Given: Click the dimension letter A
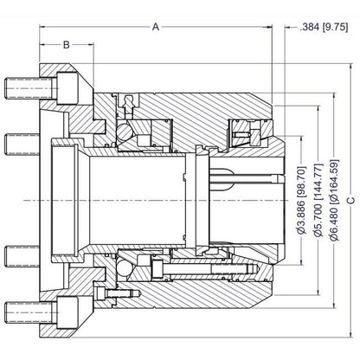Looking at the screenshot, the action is point(156,27).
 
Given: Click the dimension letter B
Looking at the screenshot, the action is point(67,45).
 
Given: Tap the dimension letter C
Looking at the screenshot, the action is point(351,200).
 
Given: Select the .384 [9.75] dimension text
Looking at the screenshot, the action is point(324,27).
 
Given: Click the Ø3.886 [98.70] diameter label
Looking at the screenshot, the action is point(301,200).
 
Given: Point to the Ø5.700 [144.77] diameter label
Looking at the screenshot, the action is point(318,201).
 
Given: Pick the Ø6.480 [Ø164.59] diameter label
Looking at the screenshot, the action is point(334,200).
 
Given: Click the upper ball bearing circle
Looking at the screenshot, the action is point(125,132).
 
